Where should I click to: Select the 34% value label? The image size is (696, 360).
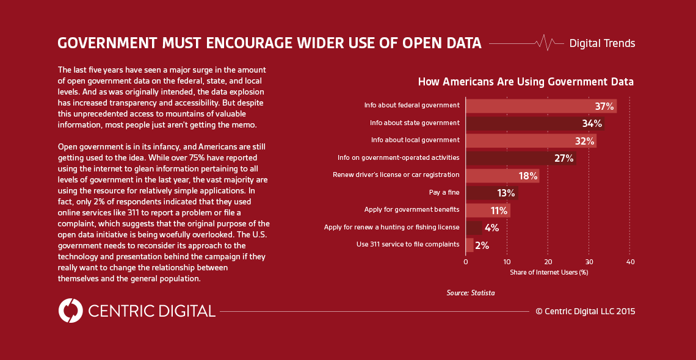coord(592,124)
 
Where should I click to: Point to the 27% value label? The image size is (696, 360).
coord(564,159)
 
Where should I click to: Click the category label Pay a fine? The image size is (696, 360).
coord(444,193)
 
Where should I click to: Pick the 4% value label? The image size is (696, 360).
coord(491,228)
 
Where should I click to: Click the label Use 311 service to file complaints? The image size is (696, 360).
coord(408,245)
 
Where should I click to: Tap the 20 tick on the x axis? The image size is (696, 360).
coord(548,262)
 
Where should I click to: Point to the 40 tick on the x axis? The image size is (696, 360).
coord(630,262)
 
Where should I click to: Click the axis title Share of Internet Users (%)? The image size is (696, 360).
coord(549,272)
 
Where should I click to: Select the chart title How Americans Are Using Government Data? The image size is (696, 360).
coord(525,82)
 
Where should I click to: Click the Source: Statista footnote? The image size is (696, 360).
coord(470,293)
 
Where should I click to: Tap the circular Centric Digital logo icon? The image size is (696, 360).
coord(70,311)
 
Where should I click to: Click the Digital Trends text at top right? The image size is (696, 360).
coord(602,43)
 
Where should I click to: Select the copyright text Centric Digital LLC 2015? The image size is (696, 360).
coord(585,311)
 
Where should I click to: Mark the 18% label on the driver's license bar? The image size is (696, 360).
coord(528,176)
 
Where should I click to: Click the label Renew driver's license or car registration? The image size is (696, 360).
coord(396,175)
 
